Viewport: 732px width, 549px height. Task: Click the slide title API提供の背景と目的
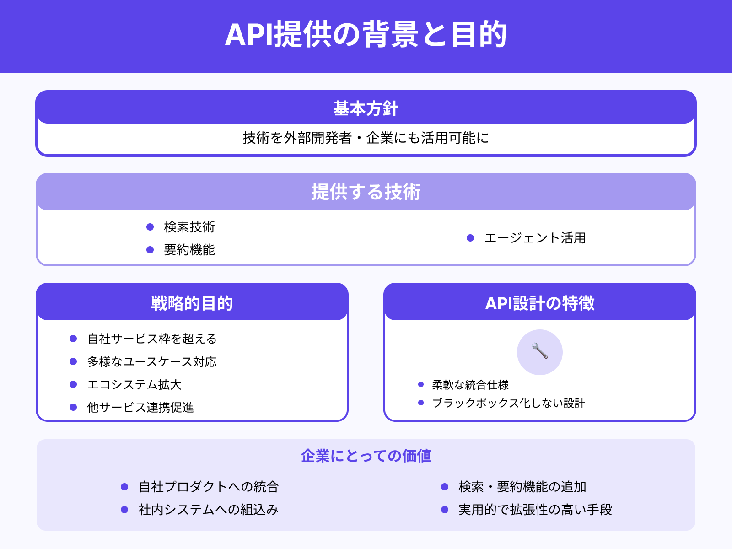pos(366,35)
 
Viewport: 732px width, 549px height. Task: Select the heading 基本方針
pos(366,109)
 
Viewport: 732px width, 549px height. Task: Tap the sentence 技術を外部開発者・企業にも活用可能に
pos(366,138)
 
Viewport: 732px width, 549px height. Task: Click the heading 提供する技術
pos(366,192)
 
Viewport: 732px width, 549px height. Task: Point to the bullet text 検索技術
pos(189,227)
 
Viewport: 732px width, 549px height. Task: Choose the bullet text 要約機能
pos(189,250)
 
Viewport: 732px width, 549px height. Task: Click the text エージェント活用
pos(535,238)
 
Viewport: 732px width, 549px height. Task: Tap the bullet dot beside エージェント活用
pos(470,238)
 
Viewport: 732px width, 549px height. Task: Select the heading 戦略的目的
pos(192,303)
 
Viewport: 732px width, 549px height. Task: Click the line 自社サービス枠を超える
pos(152,339)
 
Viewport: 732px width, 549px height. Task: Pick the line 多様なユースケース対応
pos(152,362)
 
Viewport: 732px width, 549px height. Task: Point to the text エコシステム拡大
pos(135,385)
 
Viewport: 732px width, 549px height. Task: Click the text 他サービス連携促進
pos(140,408)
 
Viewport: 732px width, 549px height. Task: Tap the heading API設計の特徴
pos(540,303)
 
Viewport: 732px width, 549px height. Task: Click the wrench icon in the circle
pos(540,352)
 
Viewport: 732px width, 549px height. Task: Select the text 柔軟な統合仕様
pos(470,385)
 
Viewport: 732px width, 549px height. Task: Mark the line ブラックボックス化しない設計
pos(508,403)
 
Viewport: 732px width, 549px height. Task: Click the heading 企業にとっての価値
pos(366,456)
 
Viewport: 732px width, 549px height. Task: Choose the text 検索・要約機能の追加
pos(522,487)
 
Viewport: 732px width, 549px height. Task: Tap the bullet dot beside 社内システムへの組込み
pos(124,510)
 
